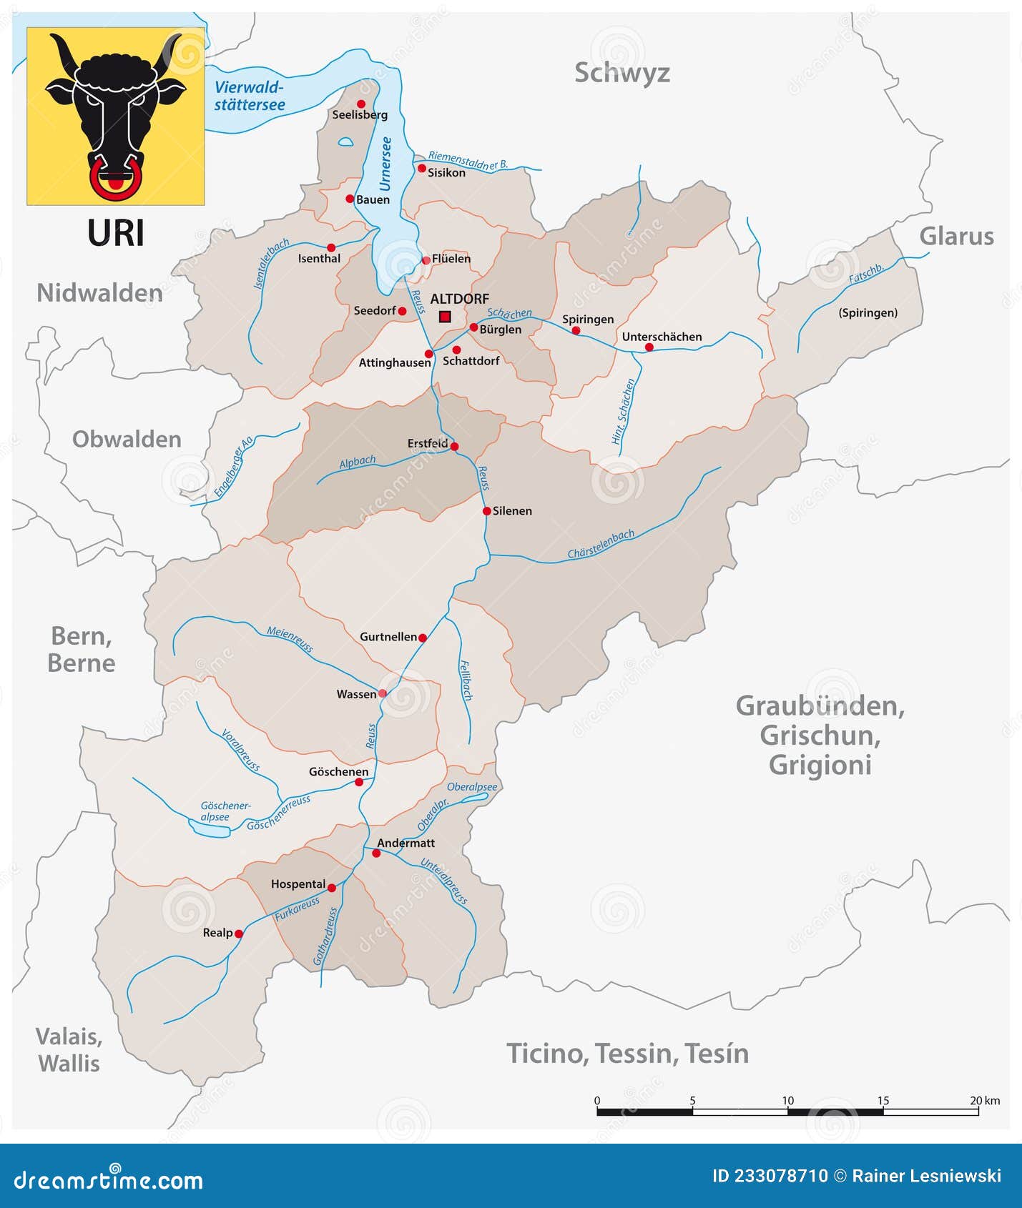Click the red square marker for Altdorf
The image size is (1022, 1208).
445,317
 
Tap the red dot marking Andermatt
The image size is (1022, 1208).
376,853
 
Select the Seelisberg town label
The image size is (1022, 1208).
360,115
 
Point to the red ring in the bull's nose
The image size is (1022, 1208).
115,179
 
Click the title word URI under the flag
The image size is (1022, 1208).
116,234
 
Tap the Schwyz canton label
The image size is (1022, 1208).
621,73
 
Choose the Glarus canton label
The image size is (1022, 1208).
956,237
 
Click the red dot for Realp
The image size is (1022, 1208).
239,934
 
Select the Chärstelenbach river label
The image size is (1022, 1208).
601,544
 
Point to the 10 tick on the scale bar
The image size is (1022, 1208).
787,1101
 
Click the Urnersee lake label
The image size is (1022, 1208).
386,164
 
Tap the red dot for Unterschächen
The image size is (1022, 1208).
649,347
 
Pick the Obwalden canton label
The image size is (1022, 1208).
127,439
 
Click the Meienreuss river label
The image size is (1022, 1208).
290,639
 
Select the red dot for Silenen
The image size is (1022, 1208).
487,511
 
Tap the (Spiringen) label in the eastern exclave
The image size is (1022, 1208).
868,313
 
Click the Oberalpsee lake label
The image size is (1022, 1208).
472,787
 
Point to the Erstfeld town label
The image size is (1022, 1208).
428,443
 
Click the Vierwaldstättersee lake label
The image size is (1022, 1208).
250,96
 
